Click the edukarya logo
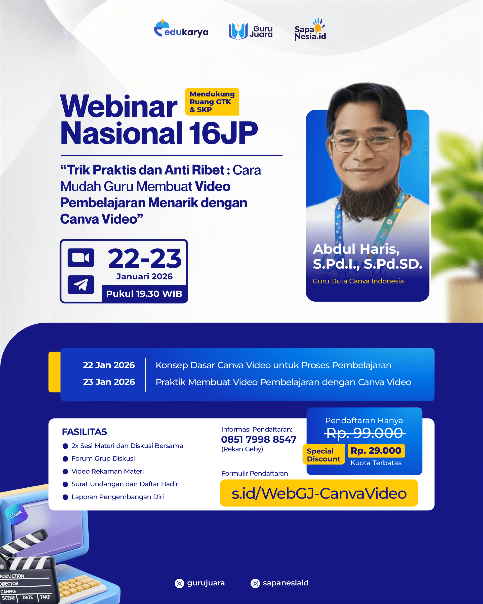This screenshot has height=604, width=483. [181, 29]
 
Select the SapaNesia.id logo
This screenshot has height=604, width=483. [310, 30]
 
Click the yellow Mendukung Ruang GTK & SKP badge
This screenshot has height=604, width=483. [212, 102]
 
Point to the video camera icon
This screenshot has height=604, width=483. [80, 258]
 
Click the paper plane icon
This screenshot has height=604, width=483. [80, 285]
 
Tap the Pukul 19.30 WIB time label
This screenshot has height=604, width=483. [144, 294]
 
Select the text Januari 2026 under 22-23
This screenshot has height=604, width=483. [144, 276]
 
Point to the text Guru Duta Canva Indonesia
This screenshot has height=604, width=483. [358, 281]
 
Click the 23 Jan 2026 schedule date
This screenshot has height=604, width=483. [109, 382]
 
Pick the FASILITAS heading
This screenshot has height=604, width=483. [84, 432]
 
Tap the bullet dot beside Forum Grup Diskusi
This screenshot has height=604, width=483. [65, 459]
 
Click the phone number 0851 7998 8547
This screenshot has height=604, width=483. [259, 439]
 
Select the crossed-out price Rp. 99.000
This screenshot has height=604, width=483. [365, 433]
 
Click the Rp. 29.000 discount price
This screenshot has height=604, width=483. [376, 450]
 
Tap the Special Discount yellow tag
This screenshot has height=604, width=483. [324, 455]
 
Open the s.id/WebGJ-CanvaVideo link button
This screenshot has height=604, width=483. [319, 493]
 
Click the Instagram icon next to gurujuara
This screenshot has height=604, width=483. [179, 583]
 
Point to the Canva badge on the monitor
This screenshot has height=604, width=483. [16, 514]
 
